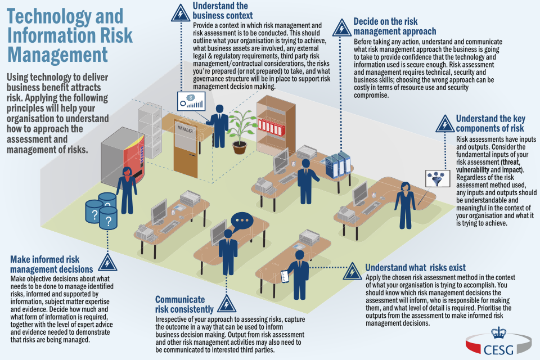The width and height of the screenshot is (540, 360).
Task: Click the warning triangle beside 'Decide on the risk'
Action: click(340, 27)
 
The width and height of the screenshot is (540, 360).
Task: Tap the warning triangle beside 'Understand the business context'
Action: click(181, 11)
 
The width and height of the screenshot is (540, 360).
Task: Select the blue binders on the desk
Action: click(339, 164)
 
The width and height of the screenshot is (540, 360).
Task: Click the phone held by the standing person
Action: click(285, 276)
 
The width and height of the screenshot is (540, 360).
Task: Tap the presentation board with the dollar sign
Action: click(191, 102)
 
